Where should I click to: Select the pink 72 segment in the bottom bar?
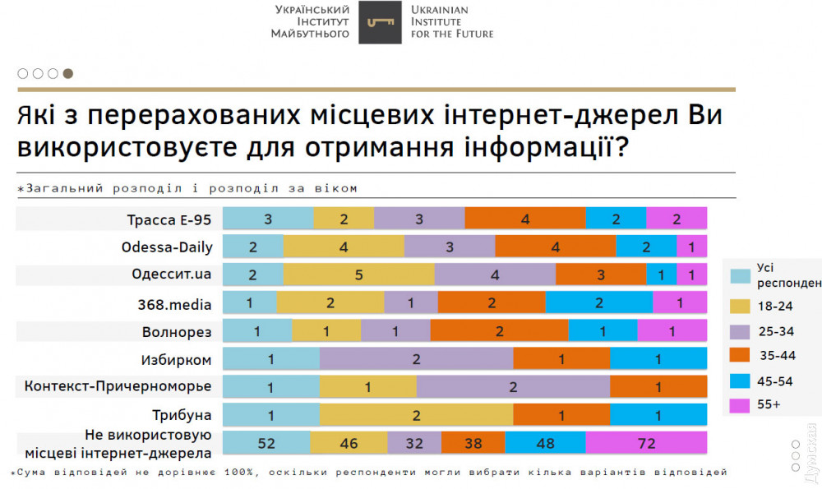point(646,443)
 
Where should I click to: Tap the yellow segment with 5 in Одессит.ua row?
point(358,275)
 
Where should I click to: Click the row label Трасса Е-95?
point(169,219)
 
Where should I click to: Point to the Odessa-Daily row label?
point(167,247)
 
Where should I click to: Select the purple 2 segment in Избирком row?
point(417,360)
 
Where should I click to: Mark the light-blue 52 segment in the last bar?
point(266,443)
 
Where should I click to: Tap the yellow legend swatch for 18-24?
point(739,306)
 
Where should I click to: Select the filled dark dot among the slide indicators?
point(68,73)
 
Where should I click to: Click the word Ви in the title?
point(704,116)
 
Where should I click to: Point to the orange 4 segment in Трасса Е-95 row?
point(525,219)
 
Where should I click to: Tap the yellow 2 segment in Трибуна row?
point(417,416)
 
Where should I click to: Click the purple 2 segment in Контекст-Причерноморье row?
point(513,387)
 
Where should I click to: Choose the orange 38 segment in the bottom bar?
point(473,443)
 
